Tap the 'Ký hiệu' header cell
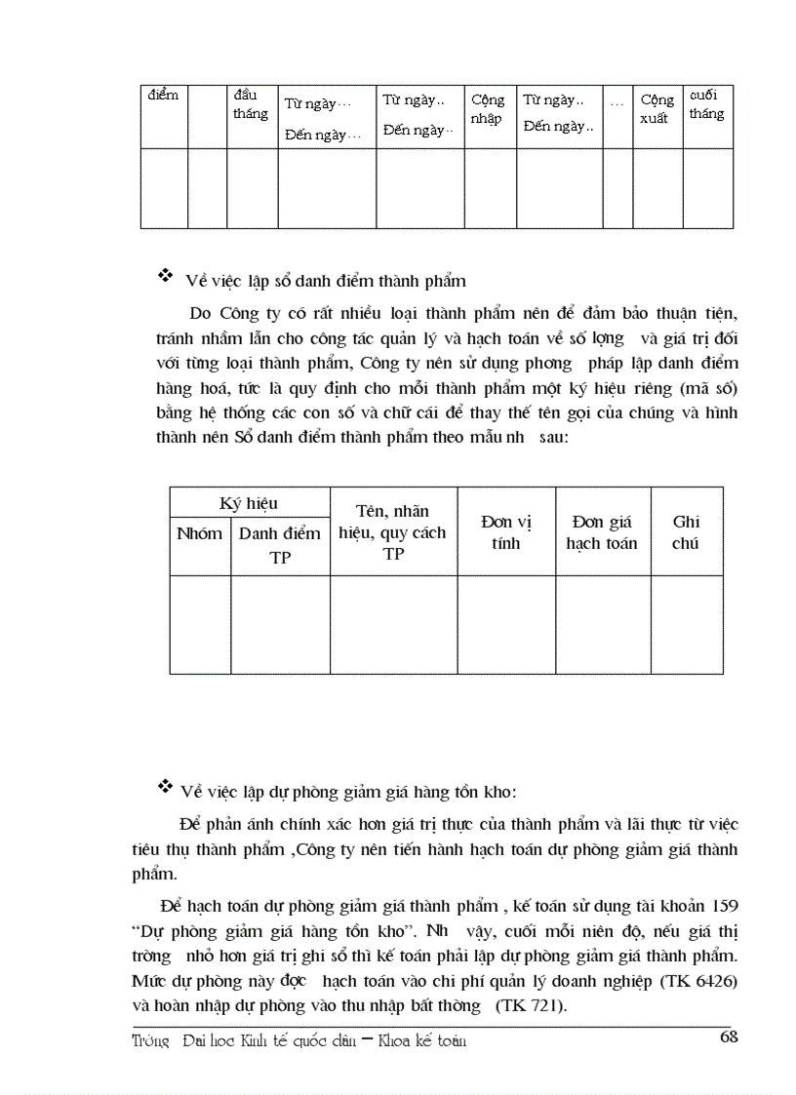(x=249, y=503)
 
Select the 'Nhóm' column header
(x=199, y=533)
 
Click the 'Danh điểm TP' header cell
(x=280, y=545)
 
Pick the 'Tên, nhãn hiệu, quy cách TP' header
(x=392, y=532)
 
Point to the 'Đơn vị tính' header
(x=506, y=532)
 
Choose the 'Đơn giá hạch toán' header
(x=602, y=532)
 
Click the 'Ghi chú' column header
(x=686, y=532)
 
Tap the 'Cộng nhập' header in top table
(x=488, y=109)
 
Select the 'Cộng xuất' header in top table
(x=657, y=109)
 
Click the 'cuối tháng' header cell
(x=706, y=104)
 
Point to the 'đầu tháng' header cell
(x=250, y=104)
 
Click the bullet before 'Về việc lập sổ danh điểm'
(x=165, y=278)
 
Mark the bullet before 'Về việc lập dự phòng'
(x=165, y=786)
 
